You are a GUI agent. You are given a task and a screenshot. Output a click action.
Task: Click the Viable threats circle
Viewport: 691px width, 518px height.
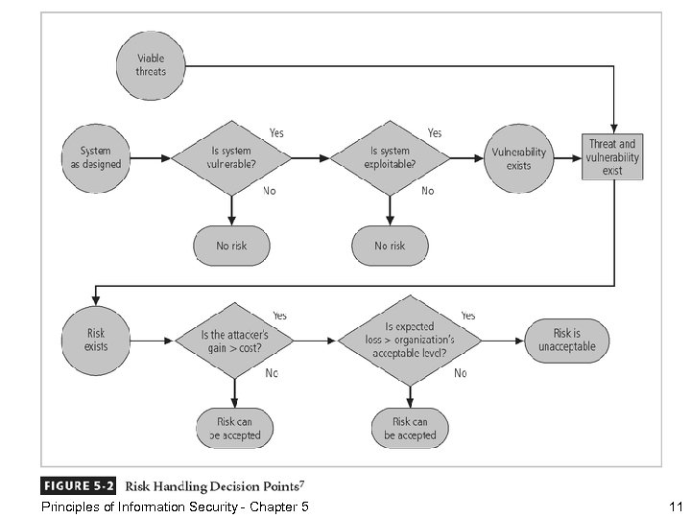point(151,65)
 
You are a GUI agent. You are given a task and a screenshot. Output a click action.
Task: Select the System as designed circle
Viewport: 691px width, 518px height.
point(95,158)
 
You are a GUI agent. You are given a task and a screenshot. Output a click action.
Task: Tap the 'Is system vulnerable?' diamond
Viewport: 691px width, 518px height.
point(230,158)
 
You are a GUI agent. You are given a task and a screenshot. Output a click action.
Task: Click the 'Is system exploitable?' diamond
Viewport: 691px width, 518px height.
point(389,158)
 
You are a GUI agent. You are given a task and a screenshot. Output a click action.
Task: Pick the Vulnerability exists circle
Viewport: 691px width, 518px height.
point(518,158)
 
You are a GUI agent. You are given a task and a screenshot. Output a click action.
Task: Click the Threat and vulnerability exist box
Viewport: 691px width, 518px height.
point(612,157)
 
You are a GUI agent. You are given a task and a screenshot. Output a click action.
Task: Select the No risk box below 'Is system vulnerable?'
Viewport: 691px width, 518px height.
point(230,246)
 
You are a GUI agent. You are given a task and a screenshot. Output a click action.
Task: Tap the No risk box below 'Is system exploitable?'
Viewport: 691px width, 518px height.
point(389,246)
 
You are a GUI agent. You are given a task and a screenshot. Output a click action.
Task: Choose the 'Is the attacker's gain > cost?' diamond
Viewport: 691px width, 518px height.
point(234,341)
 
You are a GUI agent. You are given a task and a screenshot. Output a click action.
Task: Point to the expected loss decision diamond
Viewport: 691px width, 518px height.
point(411,341)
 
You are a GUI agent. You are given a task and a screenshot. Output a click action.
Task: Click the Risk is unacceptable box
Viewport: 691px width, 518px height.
point(566,340)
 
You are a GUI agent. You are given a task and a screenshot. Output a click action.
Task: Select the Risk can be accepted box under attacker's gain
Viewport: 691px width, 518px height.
point(234,428)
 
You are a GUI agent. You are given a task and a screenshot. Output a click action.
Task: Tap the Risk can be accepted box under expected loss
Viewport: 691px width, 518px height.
point(410,428)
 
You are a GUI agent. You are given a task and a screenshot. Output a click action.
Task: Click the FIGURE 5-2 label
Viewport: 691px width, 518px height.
point(78,485)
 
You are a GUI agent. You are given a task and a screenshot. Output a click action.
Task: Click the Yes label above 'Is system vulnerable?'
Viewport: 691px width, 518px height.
point(276,132)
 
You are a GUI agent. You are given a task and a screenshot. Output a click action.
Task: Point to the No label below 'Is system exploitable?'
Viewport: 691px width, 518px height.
point(427,191)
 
